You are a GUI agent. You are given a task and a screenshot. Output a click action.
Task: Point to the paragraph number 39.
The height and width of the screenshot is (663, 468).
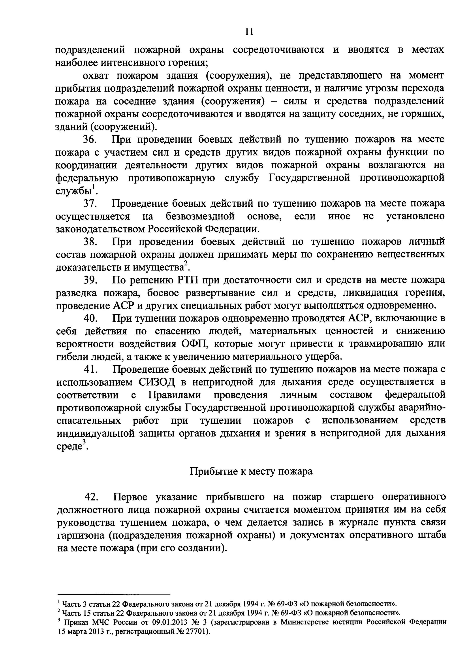pyautogui.click(x=89, y=280)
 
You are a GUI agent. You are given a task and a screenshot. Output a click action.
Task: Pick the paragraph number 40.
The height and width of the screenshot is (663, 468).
pyautogui.click(x=90, y=318)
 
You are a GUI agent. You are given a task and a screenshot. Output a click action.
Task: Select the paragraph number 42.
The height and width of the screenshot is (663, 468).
pyautogui.click(x=91, y=497)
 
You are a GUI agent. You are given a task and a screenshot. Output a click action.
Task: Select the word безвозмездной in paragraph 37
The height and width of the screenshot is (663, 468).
pyautogui.click(x=200, y=216)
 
